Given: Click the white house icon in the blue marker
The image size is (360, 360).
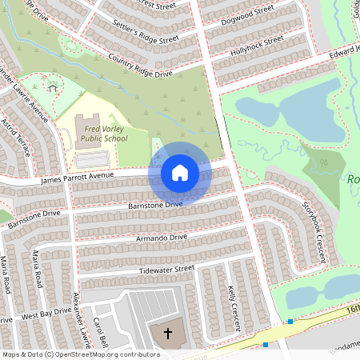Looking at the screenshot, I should click(179, 173).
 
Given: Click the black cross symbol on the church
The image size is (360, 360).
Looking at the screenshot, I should click(168, 332).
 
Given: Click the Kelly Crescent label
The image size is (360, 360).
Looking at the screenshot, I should click(234, 306).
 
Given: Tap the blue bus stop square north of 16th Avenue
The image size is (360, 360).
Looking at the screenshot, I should click(290, 322).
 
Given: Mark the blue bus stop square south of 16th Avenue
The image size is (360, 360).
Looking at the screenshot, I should click(265, 345).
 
